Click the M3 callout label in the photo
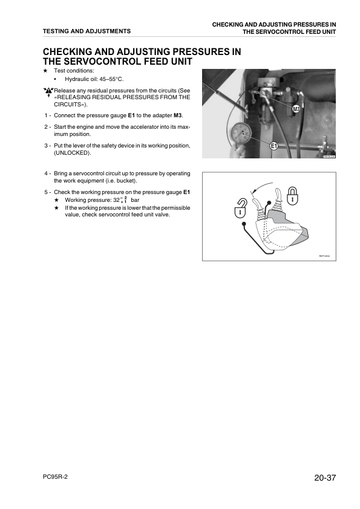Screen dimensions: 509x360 296,109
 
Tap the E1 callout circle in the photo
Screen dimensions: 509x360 273,146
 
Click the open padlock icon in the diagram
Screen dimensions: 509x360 240,208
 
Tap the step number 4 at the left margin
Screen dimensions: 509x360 46,173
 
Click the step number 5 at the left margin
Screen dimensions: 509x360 46,192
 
